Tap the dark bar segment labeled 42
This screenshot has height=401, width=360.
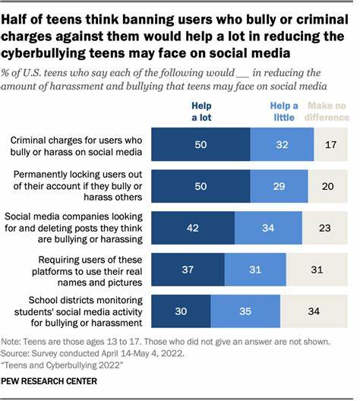click(x=194, y=226)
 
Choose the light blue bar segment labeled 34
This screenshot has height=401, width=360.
click(x=267, y=226)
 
